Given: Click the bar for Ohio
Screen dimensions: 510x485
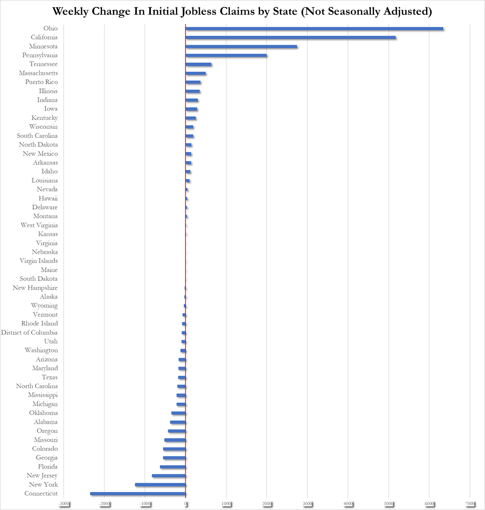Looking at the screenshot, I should tap(314, 28).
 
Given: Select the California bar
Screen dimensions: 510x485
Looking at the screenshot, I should tap(291, 38).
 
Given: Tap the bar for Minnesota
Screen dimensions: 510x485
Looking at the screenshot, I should tap(241, 46).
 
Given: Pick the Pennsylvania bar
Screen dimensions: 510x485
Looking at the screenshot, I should tap(226, 55).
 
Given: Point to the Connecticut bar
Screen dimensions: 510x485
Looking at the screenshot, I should tap(138, 493).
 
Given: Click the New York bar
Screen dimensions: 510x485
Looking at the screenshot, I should tap(160, 485).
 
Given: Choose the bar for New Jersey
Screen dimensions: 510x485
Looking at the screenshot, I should tap(169, 475).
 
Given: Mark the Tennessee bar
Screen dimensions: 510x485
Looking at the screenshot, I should tap(199, 64).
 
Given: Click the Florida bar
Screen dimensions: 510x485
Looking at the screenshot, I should tap(173, 467).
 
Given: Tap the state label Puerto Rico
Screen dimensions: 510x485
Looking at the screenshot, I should tap(41, 82).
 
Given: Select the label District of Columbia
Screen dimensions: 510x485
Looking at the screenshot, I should tap(29, 332).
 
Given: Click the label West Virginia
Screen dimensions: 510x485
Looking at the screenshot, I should tap(39, 225).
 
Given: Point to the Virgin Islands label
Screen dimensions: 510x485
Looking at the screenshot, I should tap(39, 261).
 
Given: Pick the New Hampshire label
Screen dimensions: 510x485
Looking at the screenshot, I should tap(35, 288).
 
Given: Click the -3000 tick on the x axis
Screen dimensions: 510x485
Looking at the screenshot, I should tap(64, 504).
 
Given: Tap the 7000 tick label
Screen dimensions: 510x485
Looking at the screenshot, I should tap(470, 504).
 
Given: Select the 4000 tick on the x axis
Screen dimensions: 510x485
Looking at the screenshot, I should tap(348, 504).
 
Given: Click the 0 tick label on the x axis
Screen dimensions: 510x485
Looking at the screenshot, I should tap(186, 504).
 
